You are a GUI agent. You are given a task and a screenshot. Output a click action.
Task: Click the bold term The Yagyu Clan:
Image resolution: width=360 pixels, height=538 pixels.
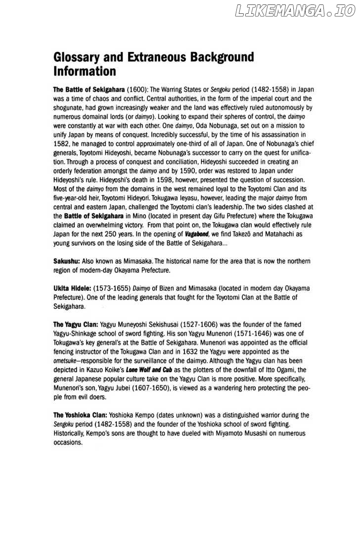point(75,324)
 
